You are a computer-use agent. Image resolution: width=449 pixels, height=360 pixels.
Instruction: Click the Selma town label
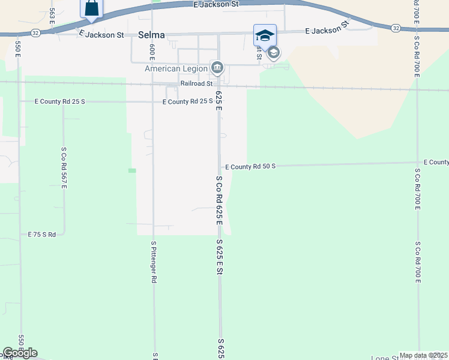click(151, 35)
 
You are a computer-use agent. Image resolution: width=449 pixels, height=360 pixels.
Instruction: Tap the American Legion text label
click(176, 68)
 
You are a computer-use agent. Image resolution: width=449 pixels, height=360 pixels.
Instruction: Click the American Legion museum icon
click(217, 67)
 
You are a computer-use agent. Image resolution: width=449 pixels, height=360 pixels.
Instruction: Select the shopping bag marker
click(91, 8)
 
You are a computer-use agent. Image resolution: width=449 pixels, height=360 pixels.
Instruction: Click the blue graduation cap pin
click(265, 35)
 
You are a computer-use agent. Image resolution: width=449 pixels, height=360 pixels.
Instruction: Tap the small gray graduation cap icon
click(273, 53)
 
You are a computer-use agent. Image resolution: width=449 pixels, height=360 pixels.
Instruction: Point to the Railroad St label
click(197, 84)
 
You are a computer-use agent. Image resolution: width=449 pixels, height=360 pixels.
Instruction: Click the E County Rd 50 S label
click(250, 166)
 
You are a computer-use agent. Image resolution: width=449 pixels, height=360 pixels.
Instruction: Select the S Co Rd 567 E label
click(63, 168)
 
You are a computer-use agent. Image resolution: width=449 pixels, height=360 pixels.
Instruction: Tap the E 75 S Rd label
click(42, 235)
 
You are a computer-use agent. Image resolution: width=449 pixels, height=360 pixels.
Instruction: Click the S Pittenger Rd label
click(154, 262)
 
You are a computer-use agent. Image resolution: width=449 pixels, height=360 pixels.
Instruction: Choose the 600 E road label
click(152, 51)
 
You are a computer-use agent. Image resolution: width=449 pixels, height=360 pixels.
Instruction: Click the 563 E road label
click(52, 20)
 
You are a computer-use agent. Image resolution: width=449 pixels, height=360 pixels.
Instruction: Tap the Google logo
click(20, 353)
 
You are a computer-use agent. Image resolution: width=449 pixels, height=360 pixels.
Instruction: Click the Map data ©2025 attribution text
click(423, 355)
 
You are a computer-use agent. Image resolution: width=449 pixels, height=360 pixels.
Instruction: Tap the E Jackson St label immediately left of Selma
click(101, 35)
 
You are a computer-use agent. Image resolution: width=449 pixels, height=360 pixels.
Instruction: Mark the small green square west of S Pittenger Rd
click(132, 170)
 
